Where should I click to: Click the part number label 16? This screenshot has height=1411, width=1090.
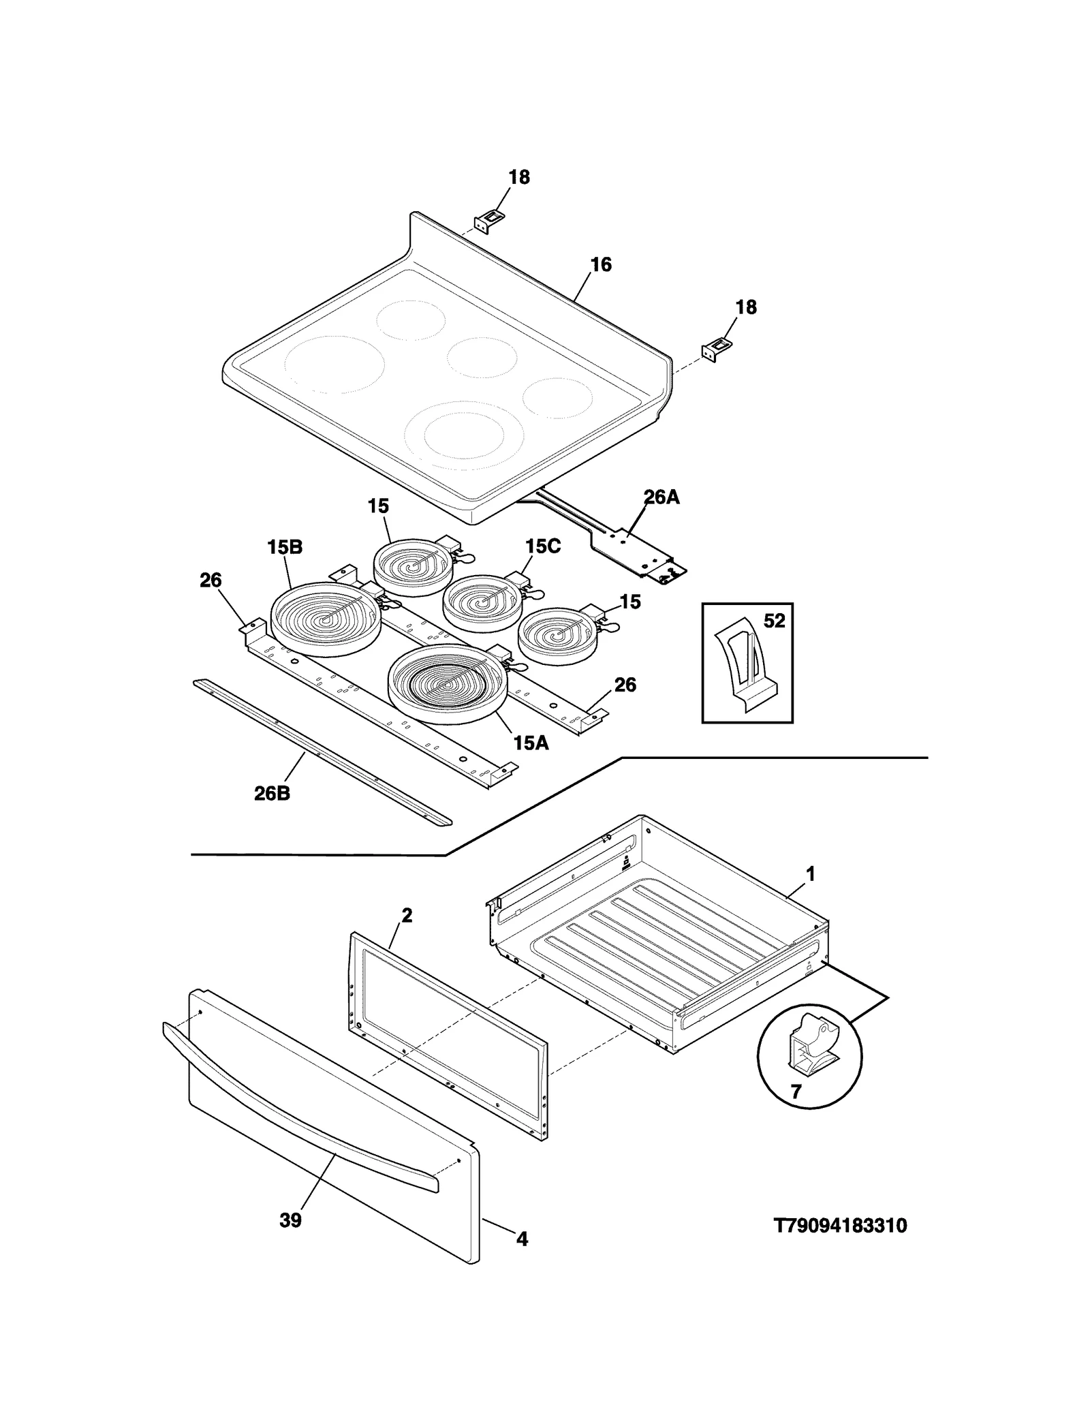(600, 264)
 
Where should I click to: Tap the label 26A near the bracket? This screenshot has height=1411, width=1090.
(661, 497)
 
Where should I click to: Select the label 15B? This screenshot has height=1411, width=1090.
(285, 547)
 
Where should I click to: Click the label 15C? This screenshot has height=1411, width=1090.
(543, 546)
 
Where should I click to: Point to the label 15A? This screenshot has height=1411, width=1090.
(531, 743)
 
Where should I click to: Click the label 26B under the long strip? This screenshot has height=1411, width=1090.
(272, 794)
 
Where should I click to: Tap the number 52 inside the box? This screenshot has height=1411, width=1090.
(775, 621)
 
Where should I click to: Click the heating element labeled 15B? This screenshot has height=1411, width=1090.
(326, 619)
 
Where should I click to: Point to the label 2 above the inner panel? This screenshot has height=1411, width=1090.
(406, 916)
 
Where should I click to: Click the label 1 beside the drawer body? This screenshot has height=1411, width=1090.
(811, 873)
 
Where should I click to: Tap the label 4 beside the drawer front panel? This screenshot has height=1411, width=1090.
(522, 1258)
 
